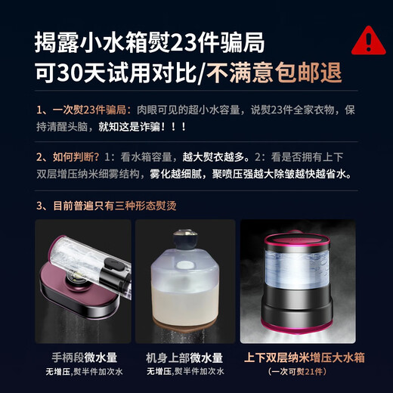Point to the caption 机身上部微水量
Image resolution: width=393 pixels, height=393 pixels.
coord(185,357)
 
